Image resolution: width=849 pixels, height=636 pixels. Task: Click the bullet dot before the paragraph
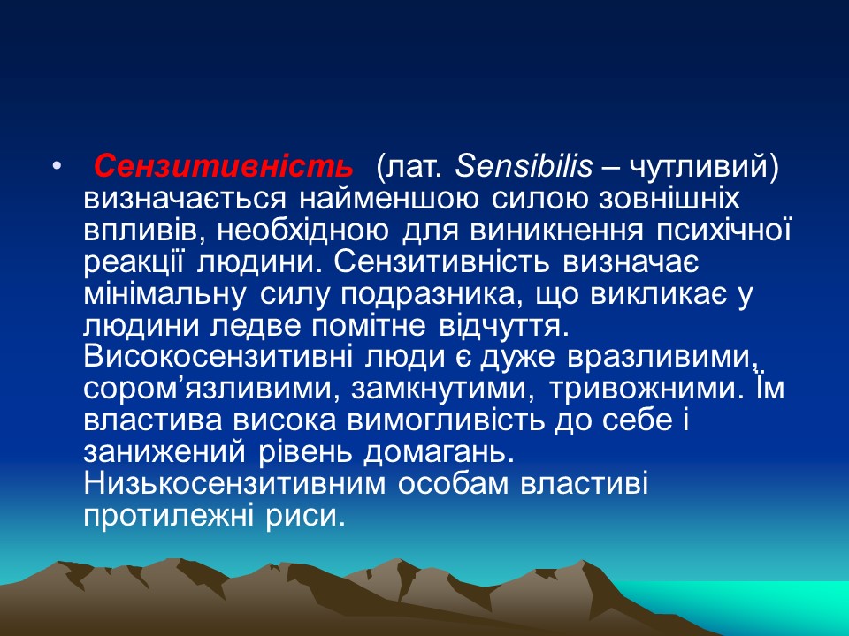[57, 166]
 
